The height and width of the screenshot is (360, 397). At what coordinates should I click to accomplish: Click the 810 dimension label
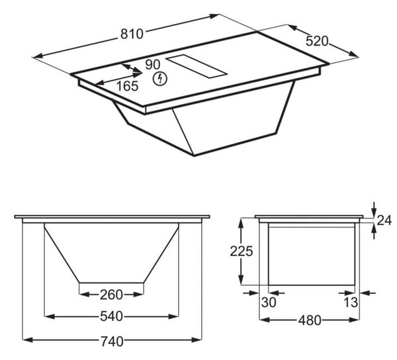coord(132,34)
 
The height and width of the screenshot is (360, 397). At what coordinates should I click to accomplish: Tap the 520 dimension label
coord(317,41)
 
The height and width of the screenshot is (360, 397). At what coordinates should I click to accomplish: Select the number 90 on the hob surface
coord(153,65)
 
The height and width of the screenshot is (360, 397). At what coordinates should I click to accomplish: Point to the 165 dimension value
coord(127,86)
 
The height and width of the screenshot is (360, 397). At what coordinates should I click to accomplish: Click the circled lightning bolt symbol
coord(160,79)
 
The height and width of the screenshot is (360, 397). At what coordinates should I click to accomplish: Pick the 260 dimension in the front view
coord(111,294)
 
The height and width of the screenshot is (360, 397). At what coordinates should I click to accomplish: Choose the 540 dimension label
coord(111,316)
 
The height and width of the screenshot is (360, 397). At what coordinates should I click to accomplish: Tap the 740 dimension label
coord(112,341)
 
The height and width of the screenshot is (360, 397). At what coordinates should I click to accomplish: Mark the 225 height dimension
coord(242,251)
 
